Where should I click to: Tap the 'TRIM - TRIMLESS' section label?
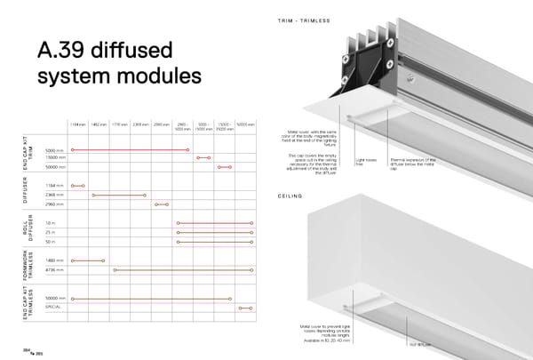click(x=304, y=20)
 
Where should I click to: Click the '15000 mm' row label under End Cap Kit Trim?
click(x=55, y=157)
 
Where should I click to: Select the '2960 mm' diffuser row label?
click(x=55, y=204)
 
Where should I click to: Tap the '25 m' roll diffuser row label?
click(x=51, y=231)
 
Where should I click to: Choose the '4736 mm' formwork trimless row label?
click(x=55, y=269)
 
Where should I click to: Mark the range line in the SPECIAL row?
click(x=245, y=308)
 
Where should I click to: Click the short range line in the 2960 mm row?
click(x=161, y=204)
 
